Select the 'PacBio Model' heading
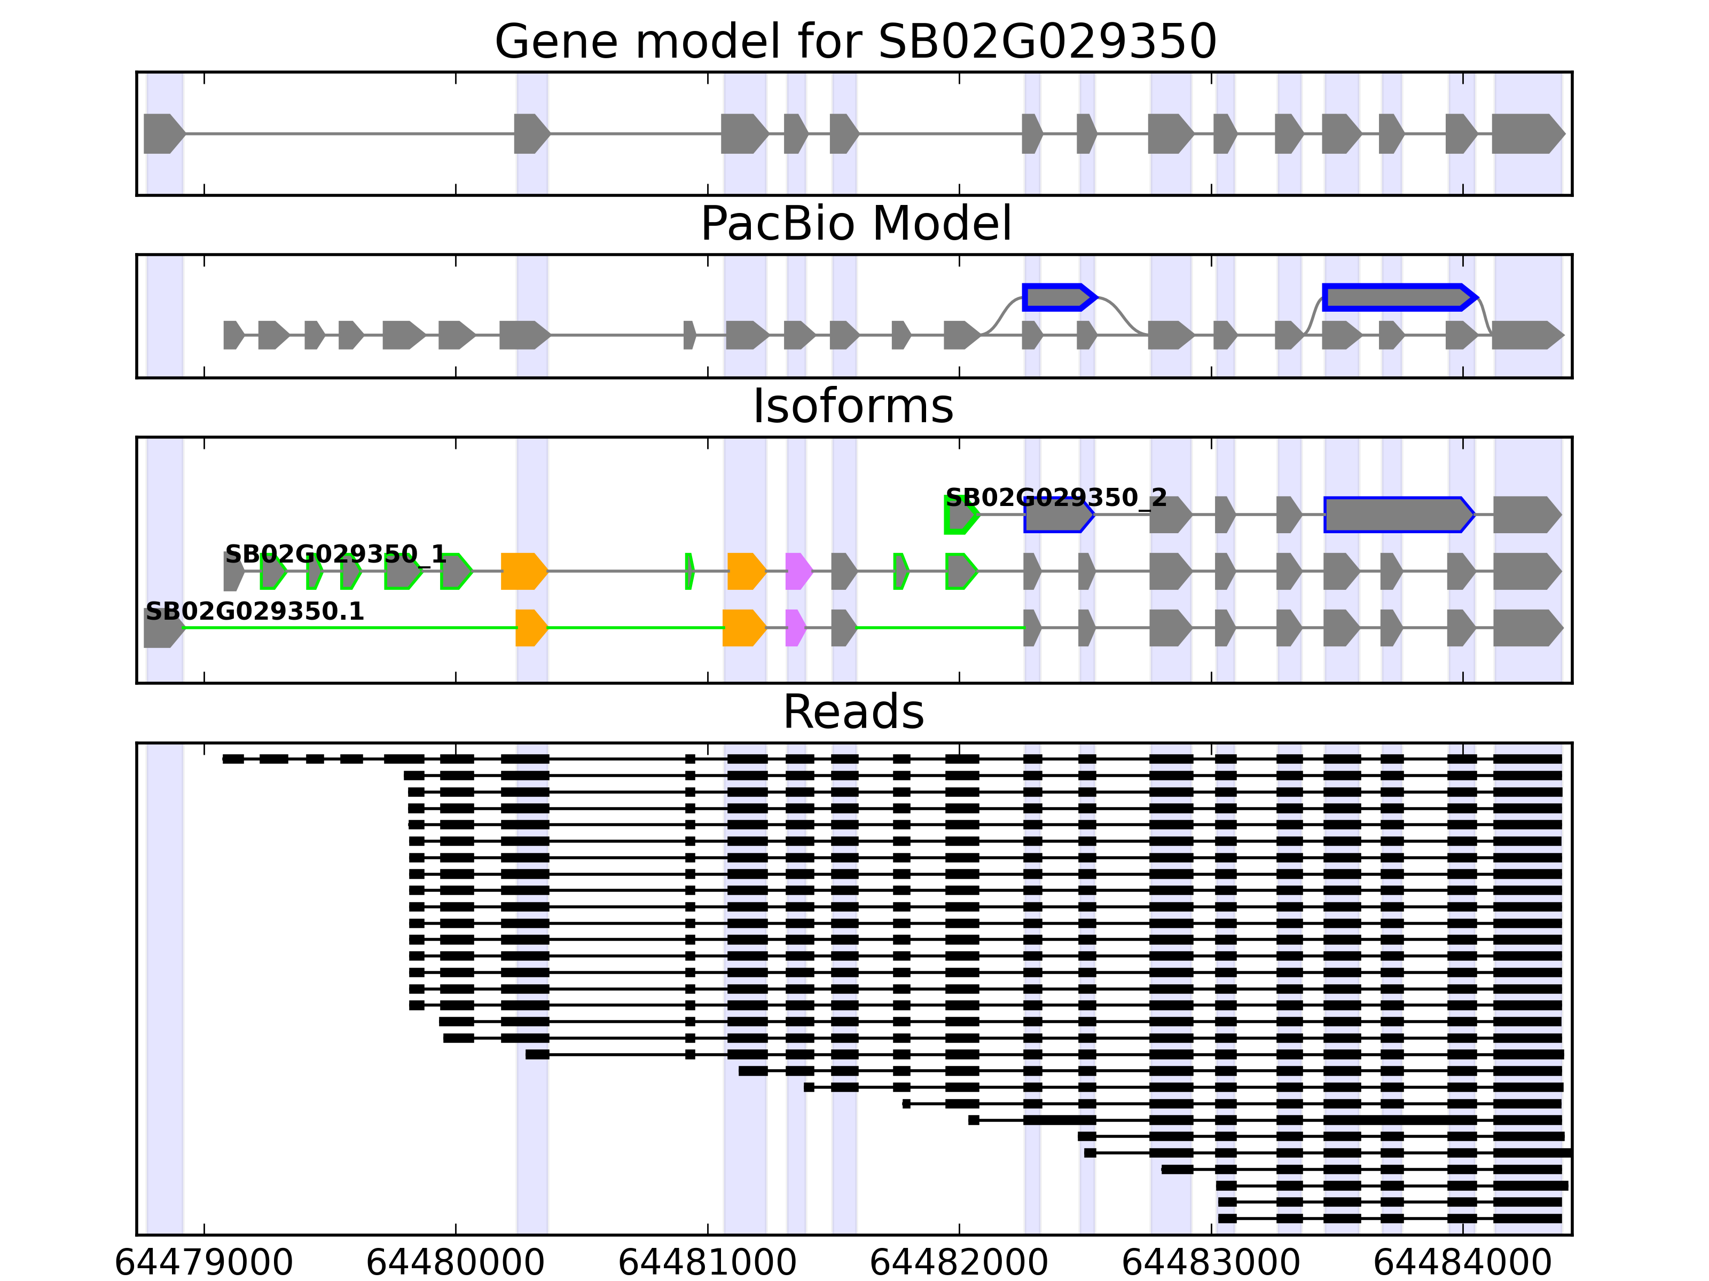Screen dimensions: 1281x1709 click(855, 224)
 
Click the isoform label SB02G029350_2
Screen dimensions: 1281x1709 click(1055, 497)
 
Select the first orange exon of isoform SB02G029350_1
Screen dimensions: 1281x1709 click(523, 572)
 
